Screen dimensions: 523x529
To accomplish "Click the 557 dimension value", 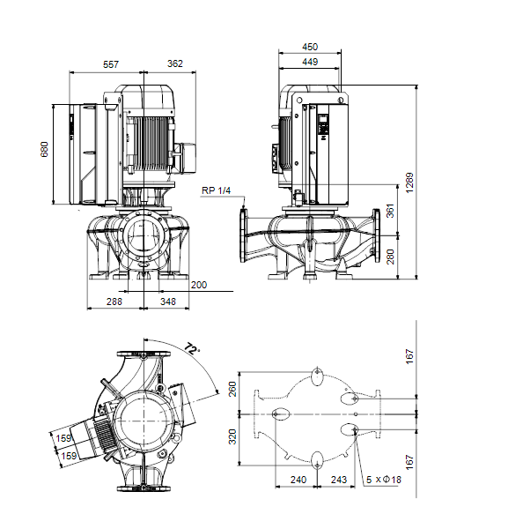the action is (111, 64).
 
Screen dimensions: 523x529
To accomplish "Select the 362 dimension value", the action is (175, 63).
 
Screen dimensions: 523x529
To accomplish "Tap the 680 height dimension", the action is (45, 150).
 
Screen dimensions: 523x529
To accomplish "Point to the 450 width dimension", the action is (310, 47).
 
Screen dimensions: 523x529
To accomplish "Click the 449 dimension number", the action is (310, 62).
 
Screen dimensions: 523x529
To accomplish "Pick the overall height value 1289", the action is (409, 183).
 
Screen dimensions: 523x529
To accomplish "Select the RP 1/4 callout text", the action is (216, 190).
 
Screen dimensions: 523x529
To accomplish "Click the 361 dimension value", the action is (390, 211).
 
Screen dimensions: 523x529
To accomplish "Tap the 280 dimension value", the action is (390, 257).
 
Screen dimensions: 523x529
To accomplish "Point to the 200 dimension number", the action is (199, 285).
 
